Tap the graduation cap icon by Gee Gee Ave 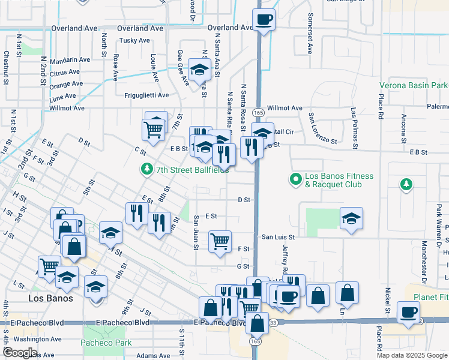tap(199, 70)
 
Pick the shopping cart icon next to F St tap(220, 241)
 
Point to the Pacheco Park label tap(106, 343)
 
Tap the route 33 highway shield tap(274, 323)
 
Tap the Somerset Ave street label tap(310, 33)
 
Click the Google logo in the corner tap(20, 352)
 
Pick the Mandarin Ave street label tap(70, 60)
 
